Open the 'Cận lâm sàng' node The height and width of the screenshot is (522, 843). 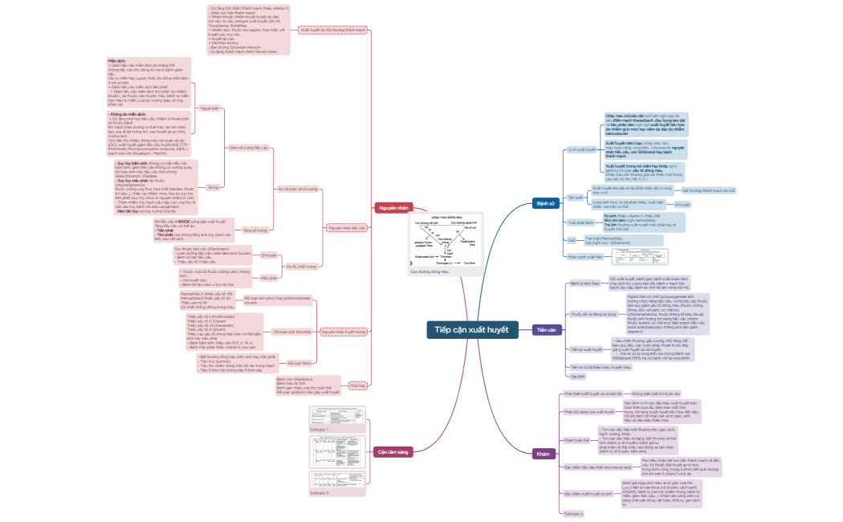coord(393,452)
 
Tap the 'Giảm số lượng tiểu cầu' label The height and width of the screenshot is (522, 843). coord(249,148)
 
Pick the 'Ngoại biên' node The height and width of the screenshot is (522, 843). coord(210,107)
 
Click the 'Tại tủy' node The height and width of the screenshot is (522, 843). coord(213,187)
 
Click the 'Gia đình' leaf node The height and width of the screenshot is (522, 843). coord(577,376)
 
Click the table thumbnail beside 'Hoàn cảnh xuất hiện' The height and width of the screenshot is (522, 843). coord(635,257)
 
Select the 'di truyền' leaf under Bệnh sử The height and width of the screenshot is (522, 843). coord(682,205)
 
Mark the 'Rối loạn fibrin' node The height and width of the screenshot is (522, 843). coord(290,363)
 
